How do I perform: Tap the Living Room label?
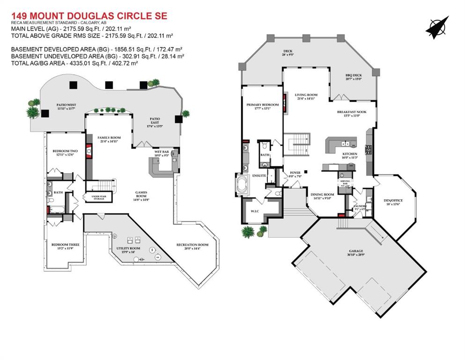pos(306,96)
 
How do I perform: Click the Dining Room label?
pos(323,195)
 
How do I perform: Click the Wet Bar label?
pos(162,152)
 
